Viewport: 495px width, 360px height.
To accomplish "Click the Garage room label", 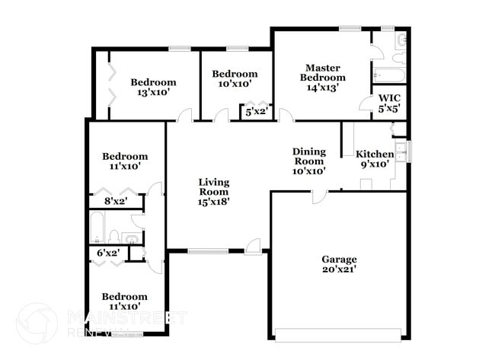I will (x=339, y=259).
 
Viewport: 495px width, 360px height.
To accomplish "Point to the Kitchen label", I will (x=375, y=154).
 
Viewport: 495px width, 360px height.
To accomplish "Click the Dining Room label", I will (x=309, y=156).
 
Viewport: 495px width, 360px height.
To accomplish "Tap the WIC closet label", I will (x=389, y=98).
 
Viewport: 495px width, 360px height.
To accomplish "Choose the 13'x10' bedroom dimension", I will (x=153, y=93).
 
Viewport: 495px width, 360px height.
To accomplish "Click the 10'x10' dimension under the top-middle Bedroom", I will (x=235, y=84).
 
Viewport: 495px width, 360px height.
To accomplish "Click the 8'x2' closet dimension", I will (x=116, y=201).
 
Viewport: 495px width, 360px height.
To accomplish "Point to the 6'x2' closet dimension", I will (x=107, y=253).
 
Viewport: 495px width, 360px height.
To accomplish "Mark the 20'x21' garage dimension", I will (x=339, y=269).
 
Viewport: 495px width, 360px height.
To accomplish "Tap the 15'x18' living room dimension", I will (x=214, y=202).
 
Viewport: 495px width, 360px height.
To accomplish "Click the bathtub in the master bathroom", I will (x=388, y=76).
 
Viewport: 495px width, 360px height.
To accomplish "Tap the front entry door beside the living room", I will (x=254, y=245).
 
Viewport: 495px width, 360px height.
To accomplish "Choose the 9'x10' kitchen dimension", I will (x=375, y=164).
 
